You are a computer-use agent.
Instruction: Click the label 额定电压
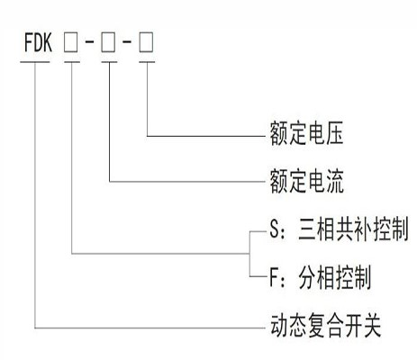[305, 137]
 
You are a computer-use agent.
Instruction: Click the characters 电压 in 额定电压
[327, 137]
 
